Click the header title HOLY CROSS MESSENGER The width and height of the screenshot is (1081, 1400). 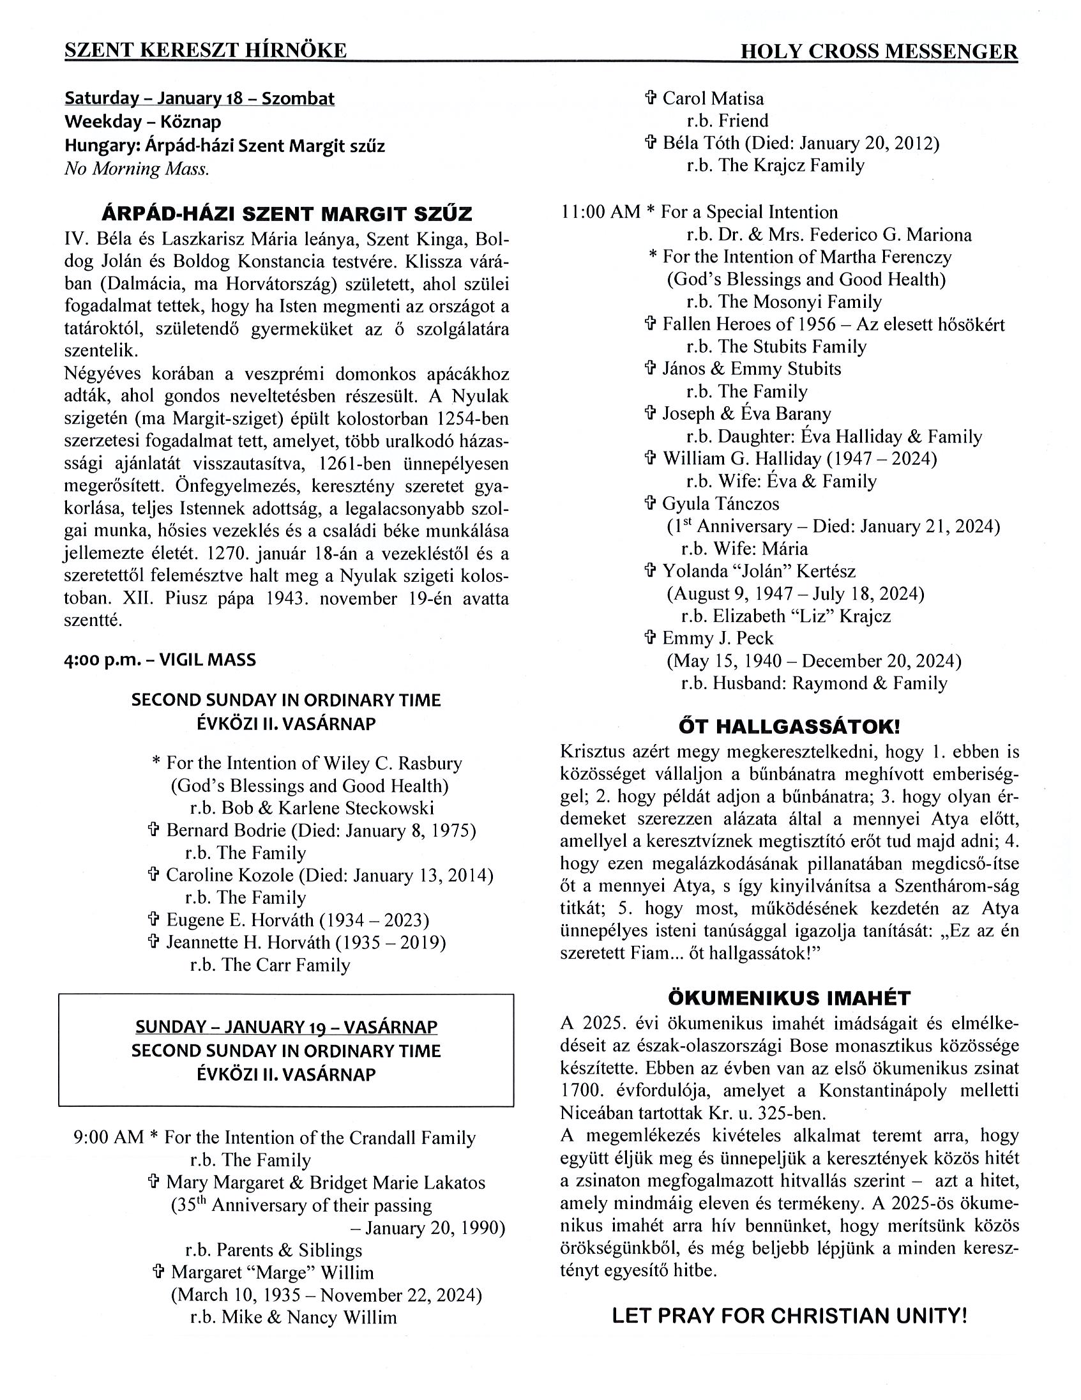point(879,51)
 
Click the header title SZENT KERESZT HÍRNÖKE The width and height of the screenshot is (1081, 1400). point(206,50)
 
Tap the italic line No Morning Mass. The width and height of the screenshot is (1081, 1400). point(137,169)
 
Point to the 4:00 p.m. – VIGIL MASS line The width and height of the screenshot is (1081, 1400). point(160,660)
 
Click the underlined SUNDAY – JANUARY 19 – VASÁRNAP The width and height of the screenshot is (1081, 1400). point(287,1026)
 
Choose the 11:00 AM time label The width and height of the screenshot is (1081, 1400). point(600,212)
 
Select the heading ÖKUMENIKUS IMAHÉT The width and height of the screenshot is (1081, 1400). point(789,998)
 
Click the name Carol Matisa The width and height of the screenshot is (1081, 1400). point(713,99)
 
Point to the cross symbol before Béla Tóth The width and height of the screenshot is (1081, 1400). point(651,143)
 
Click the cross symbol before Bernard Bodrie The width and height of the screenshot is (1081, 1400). point(154,830)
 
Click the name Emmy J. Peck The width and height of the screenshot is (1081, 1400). point(718,639)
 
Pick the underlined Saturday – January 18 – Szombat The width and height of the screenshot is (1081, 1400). point(199,99)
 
